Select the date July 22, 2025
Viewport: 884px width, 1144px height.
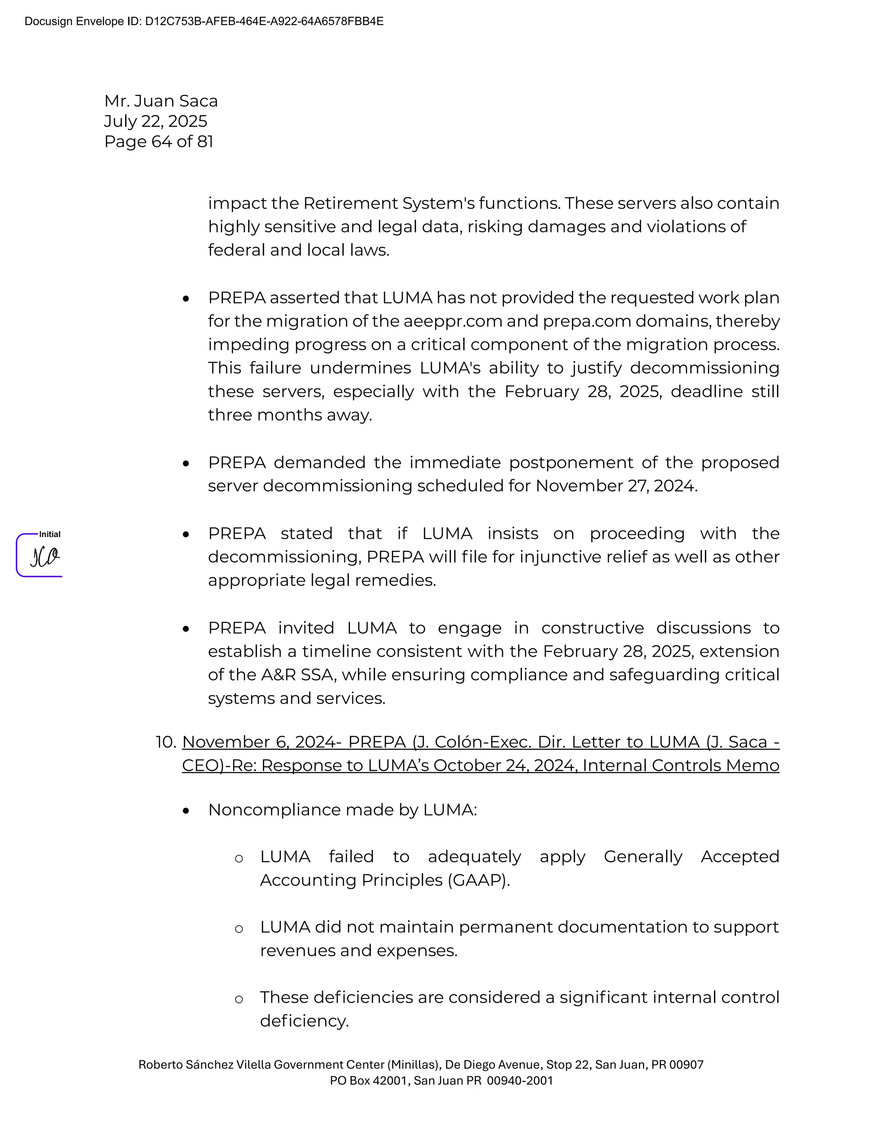[x=155, y=121]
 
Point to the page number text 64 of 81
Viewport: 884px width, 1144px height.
[x=182, y=142]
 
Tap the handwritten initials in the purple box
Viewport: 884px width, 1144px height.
[x=44, y=557]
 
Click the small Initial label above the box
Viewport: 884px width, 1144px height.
[x=50, y=534]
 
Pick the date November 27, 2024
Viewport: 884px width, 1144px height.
[x=616, y=486]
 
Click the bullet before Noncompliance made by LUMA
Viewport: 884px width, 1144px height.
[x=186, y=811]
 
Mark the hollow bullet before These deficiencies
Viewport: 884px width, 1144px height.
[x=239, y=999]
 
